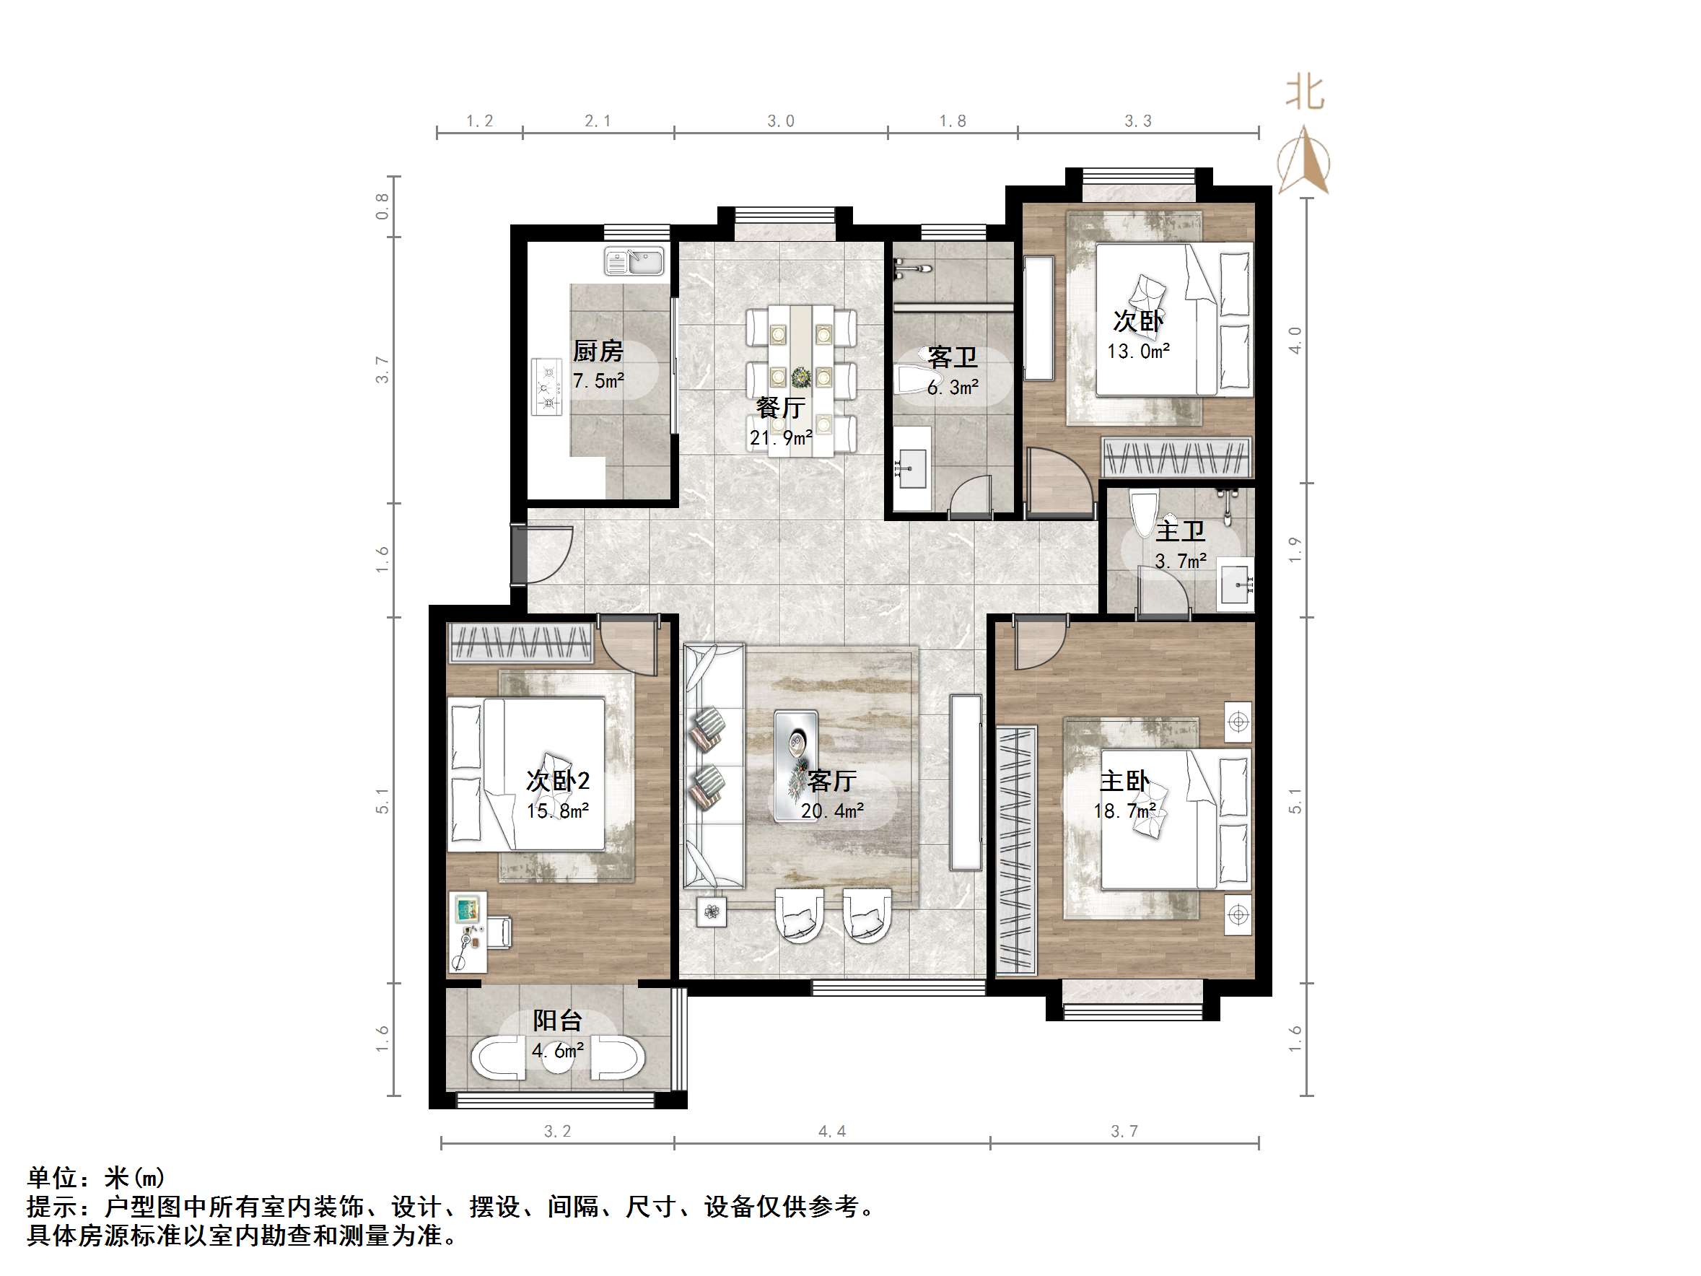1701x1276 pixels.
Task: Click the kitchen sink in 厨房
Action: [x=634, y=261]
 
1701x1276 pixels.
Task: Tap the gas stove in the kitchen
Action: [x=547, y=387]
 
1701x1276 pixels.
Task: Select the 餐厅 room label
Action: [x=779, y=408]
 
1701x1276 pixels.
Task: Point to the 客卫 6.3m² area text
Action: [x=952, y=388]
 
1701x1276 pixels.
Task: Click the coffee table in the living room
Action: [x=796, y=766]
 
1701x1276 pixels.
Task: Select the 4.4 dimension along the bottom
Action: [x=832, y=1132]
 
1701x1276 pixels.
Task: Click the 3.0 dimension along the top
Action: [x=781, y=121]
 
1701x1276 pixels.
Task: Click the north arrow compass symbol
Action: [x=1305, y=162]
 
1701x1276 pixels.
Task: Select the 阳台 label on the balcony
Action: [x=558, y=1021]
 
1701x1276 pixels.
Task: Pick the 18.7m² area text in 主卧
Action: [x=1124, y=810]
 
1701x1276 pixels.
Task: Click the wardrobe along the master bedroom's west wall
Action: [x=1017, y=849]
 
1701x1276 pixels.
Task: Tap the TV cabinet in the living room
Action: [x=965, y=782]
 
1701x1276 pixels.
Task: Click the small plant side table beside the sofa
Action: [x=712, y=912]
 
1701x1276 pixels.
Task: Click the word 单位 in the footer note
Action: [x=52, y=1178]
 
